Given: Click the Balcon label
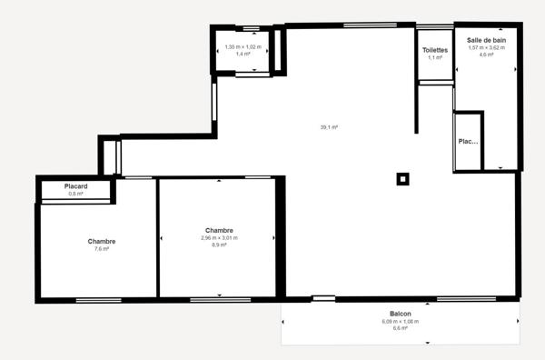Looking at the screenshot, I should click(x=400, y=314).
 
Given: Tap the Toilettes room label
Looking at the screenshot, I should click(x=434, y=50).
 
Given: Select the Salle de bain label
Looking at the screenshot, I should click(x=486, y=40).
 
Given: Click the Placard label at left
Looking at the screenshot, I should click(x=74, y=186).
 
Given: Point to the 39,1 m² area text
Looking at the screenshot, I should click(x=328, y=127).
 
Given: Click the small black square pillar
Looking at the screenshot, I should click(x=402, y=178).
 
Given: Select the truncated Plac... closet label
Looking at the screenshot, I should click(x=467, y=142).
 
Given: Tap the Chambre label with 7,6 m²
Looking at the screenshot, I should click(x=101, y=241).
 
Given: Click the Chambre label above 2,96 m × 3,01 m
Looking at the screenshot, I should click(x=220, y=231).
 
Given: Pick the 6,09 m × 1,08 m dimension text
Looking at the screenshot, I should click(x=400, y=321).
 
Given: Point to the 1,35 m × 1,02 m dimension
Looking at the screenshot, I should click(x=243, y=46).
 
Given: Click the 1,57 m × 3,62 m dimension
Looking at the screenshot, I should click(x=486, y=47).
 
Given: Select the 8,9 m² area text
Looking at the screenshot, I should click(x=220, y=245).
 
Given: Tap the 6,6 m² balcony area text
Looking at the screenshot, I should click(x=400, y=328).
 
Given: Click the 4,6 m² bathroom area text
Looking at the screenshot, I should click(x=486, y=55).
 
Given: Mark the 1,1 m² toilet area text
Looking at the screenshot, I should click(x=434, y=57).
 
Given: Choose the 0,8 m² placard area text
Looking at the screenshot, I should click(x=74, y=194).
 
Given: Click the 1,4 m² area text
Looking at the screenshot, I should click(x=243, y=54).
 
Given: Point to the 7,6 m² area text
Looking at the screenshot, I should click(x=101, y=248).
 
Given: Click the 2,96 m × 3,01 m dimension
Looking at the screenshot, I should click(x=220, y=238).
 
